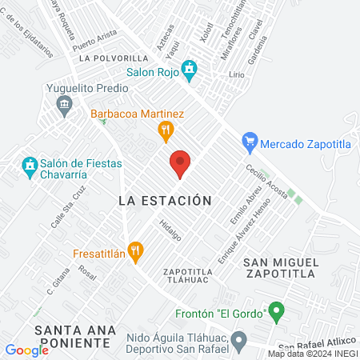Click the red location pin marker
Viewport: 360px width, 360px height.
pyautogui.click(x=181, y=164)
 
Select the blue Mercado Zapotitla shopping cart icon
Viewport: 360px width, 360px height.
pyautogui.click(x=250, y=144)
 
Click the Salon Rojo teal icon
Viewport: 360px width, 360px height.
pyautogui.click(x=189, y=71)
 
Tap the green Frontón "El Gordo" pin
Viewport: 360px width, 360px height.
pyautogui.click(x=276, y=309)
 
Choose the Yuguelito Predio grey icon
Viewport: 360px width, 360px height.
pyautogui.click(x=65, y=102)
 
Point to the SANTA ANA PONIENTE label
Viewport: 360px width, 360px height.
pyautogui.click(x=71, y=336)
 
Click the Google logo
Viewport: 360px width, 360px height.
pyautogui.click(x=26, y=350)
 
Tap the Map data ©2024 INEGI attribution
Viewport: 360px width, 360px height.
pyautogui.click(x=312, y=354)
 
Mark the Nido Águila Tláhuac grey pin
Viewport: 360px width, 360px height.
pyautogui.click(x=238, y=342)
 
